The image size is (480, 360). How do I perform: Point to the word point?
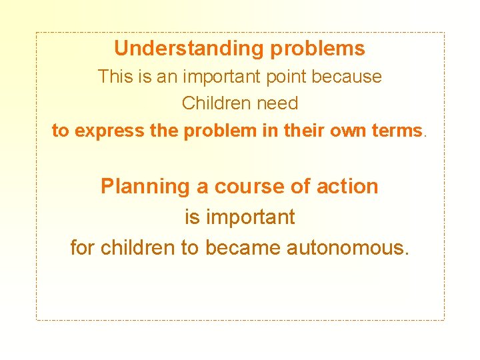click(x=286, y=77)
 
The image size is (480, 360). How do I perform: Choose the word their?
click(x=306, y=131)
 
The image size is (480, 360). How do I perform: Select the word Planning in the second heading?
click(x=145, y=187)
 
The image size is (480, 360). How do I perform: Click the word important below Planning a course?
click(x=250, y=217)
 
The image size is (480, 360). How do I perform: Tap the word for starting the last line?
click(x=83, y=248)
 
